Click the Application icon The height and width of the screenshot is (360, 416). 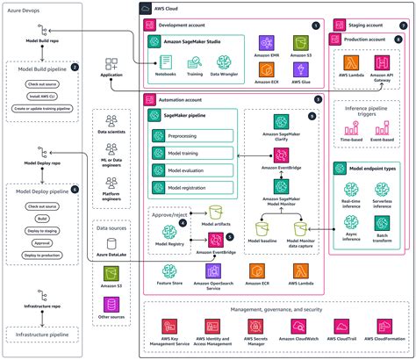pyautogui.click(x=111, y=65)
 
